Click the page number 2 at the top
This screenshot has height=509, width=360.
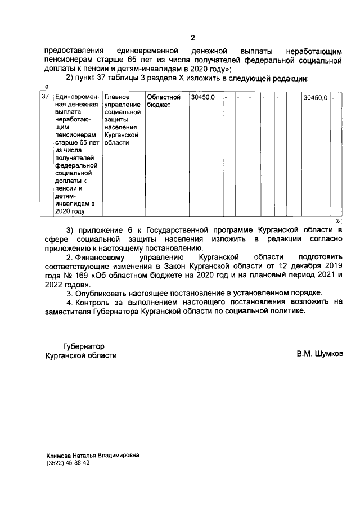click(192, 38)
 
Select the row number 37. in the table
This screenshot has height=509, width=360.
click(47, 97)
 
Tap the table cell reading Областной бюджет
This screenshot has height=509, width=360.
click(164, 101)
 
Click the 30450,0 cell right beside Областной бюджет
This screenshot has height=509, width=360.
click(202, 97)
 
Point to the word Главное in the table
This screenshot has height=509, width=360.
click(117, 97)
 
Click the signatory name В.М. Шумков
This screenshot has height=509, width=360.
click(319, 355)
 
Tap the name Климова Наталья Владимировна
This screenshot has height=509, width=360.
click(93, 454)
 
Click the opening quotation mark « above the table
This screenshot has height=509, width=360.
click(46, 86)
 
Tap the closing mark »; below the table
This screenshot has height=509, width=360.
click(339, 221)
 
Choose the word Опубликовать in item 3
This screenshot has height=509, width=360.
click(102, 293)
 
